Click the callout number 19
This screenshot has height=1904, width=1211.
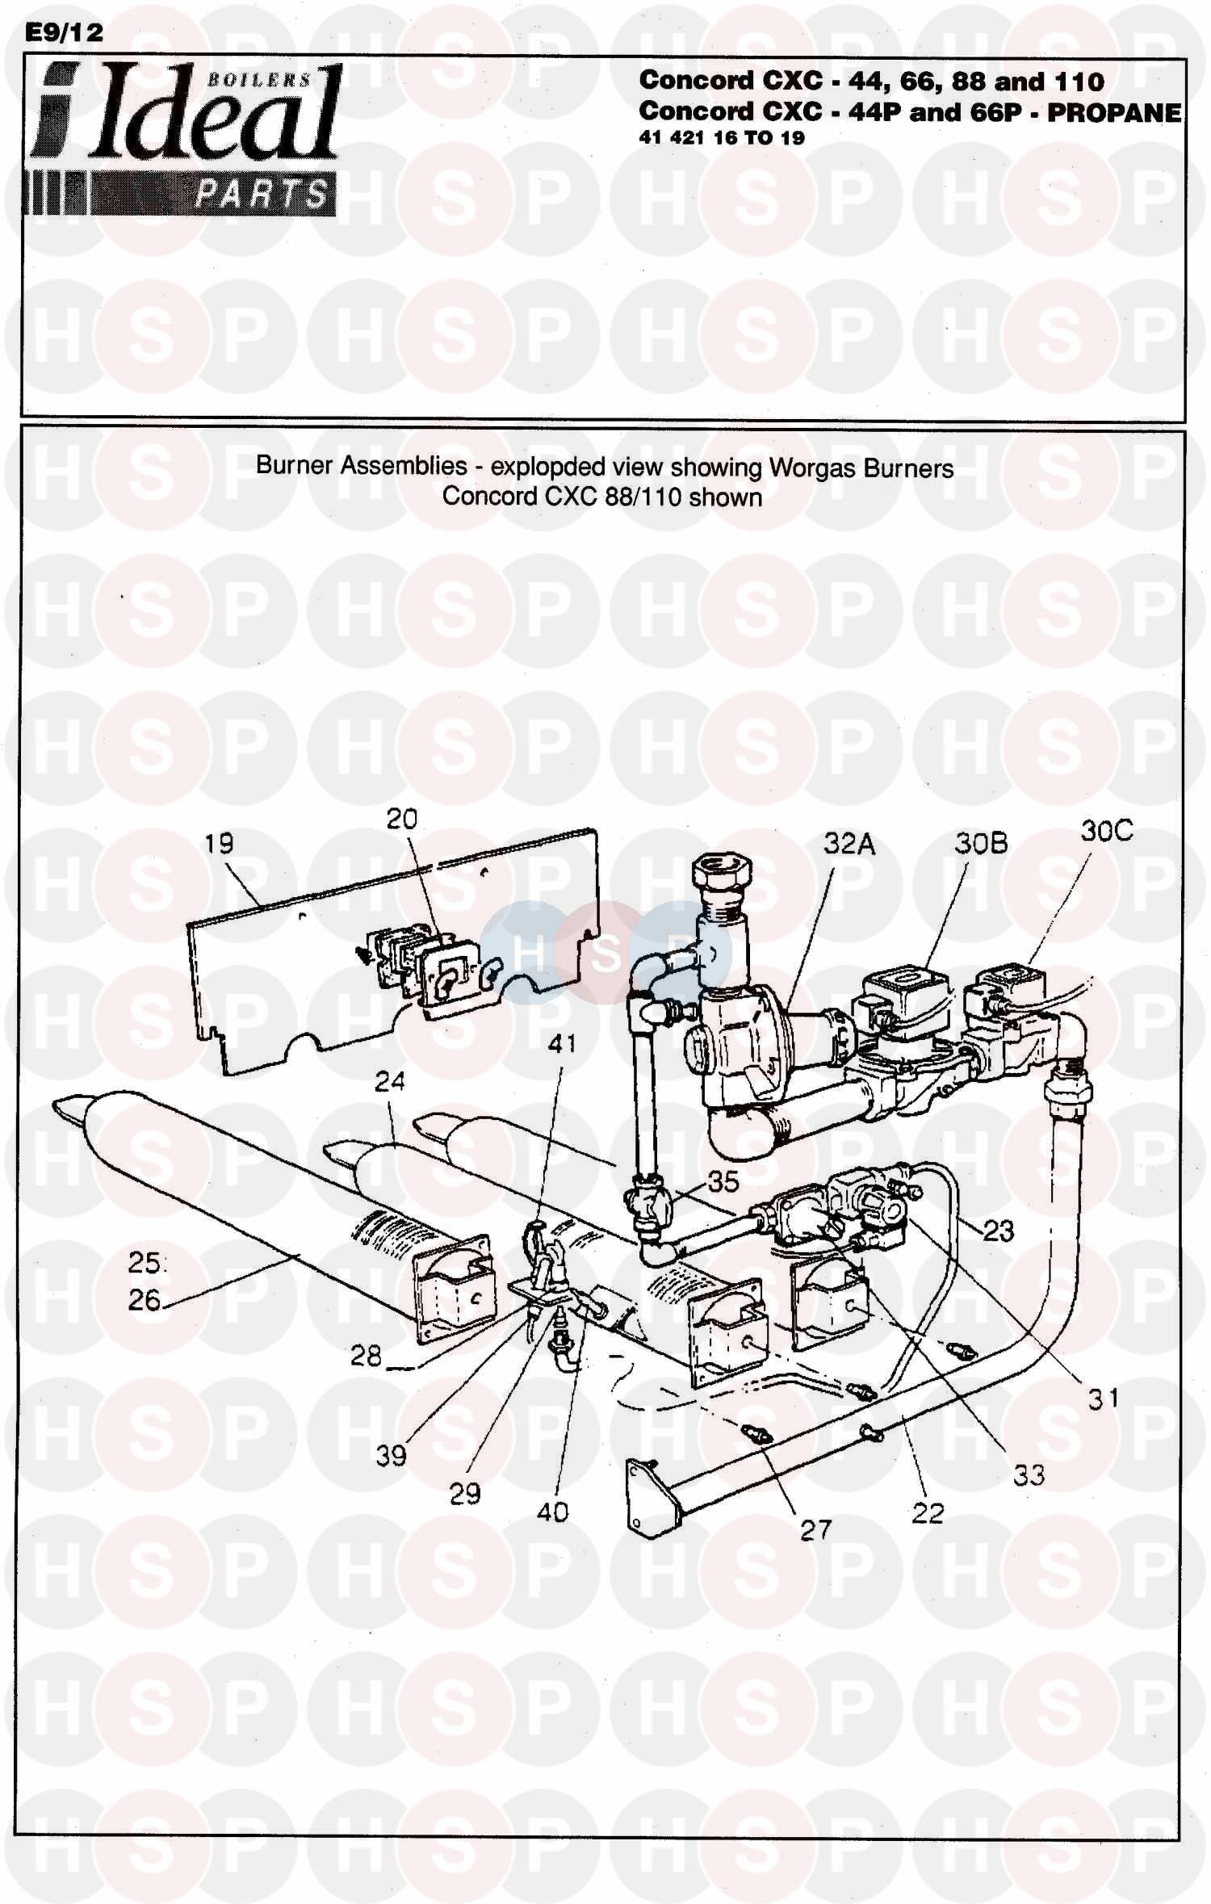pyautogui.click(x=219, y=844)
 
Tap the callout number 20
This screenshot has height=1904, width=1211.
pyautogui.click(x=401, y=819)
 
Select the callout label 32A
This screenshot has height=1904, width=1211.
pyautogui.click(x=849, y=844)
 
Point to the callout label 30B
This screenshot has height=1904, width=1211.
pyautogui.click(x=981, y=844)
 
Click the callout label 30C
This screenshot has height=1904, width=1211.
pyautogui.click(x=1106, y=831)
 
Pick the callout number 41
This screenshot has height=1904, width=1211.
pyautogui.click(x=562, y=1043)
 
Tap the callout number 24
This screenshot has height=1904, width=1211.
pyautogui.click(x=389, y=1080)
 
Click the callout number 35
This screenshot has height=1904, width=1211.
pyautogui.click(x=723, y=1181)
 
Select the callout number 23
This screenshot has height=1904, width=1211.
pyautogui.click(x=998, y=1231)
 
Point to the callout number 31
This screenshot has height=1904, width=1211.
pyautogui.click(x=1103, y=1398)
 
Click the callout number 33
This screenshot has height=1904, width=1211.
pyautogui.click(x=1029, y=1475)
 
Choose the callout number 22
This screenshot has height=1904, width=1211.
pyautogui.click(x=927, y=1512)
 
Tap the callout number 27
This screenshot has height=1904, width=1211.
pyautogui.click(x=815, y=1529)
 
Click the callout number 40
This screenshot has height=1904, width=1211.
pyautogui.click(x=552, y=1512)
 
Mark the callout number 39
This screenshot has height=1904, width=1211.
pyautogui.click(x=391, y=1455)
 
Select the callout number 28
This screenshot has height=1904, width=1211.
pyautogui.click(x=366, y=1355)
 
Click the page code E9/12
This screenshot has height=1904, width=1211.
pyautogui.click(x=64, y=32)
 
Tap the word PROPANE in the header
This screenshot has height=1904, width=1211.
pyautogui.click(x=1114, y=112)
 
